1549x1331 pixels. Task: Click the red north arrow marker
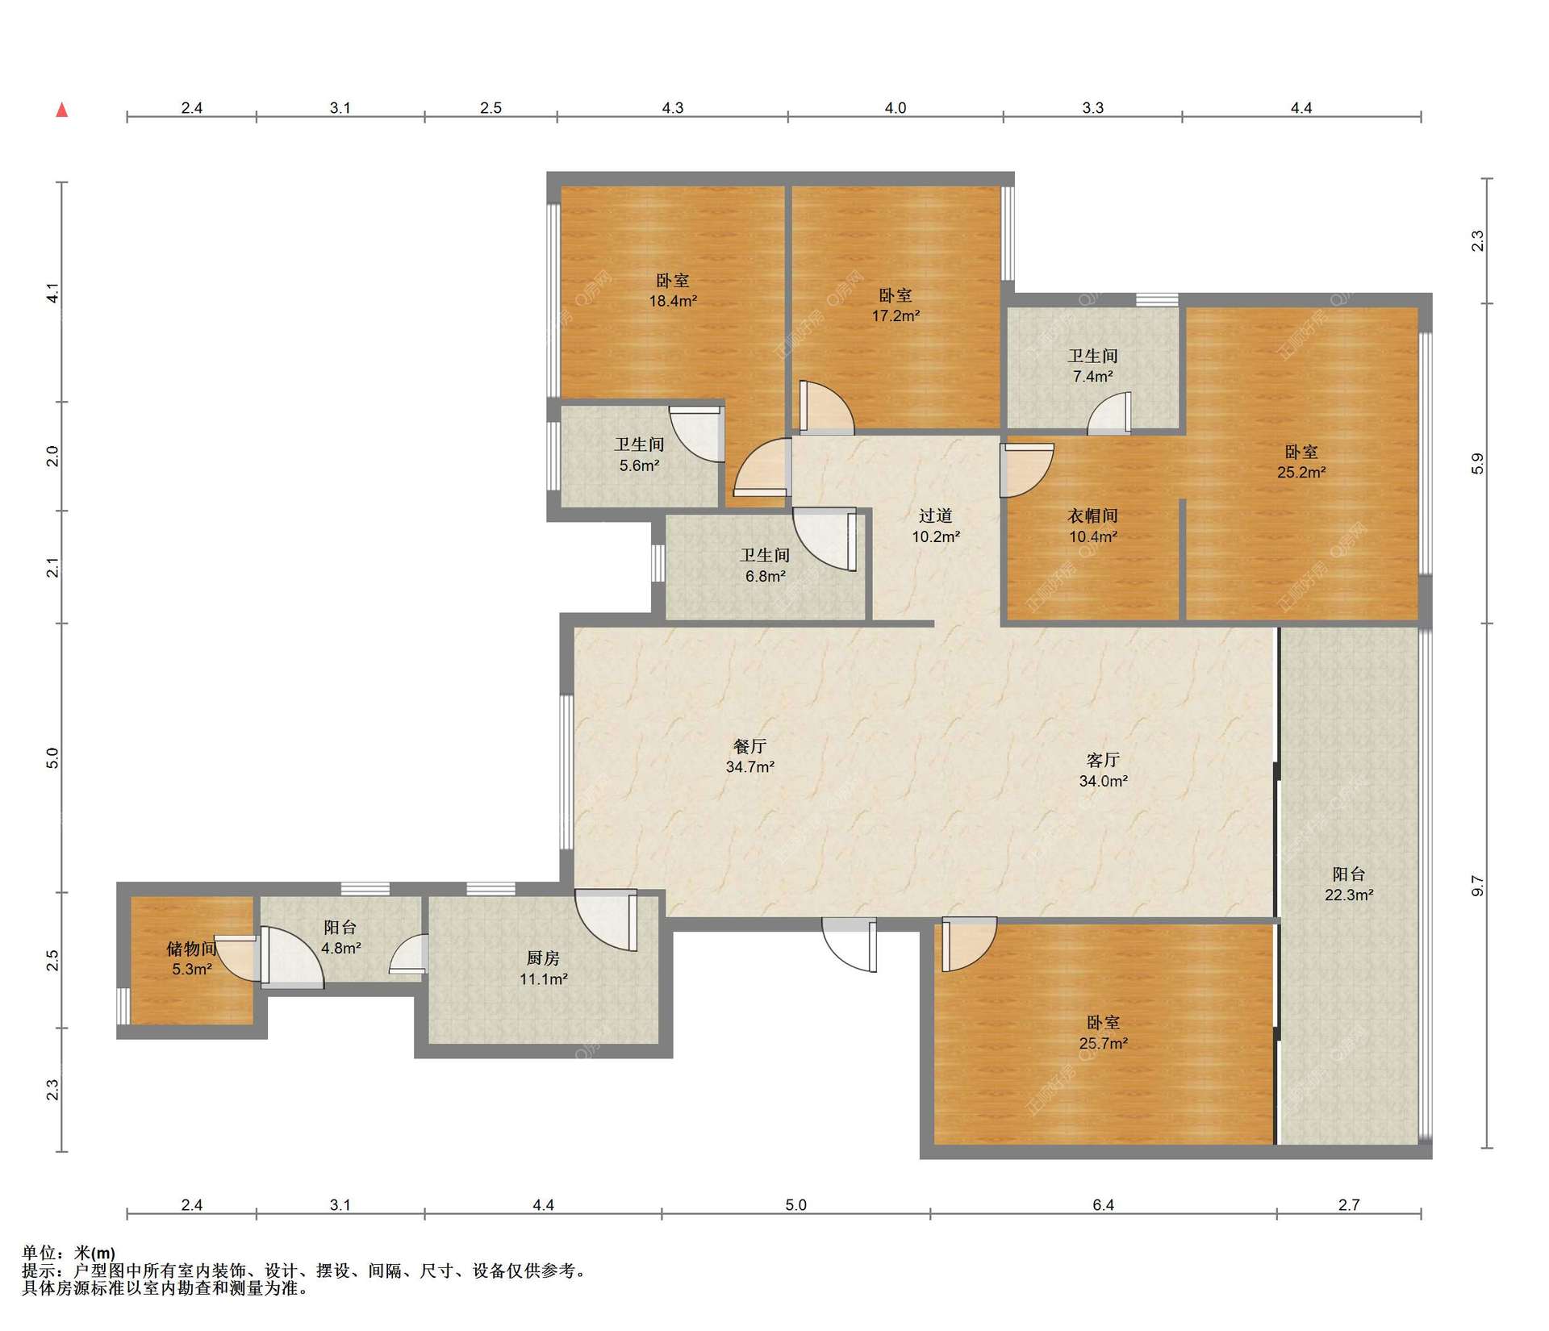[x=61, y=110]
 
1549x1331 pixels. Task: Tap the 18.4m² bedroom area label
[x=673, y=301]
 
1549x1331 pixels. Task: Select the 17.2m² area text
[x=896, y=315]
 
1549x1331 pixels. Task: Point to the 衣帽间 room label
[x=1093, y=515]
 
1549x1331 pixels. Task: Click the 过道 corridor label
[x=936, y=515]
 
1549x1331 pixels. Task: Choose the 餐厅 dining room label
[x=750, y=746]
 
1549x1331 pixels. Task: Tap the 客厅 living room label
[x=1103, y=760]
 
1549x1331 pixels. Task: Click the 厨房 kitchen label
[x=543, y=958]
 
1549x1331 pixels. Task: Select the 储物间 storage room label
[x=192, y=949]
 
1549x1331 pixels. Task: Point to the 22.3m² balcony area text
[x=1349, y=895]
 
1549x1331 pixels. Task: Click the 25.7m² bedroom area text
[x=1103, y=1043]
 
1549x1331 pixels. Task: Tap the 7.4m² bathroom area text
[x=1093, y=376]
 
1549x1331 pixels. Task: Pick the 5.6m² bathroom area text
[x=640, y=465]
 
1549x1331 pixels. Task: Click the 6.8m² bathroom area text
[x=766, y=576]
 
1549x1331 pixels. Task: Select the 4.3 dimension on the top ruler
[x=673, y=107]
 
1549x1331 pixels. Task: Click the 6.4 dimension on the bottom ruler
[x=1103, y=1204]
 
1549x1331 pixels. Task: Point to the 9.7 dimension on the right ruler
[x=1477, y=886]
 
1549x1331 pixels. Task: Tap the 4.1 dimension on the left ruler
[x=52, y=293]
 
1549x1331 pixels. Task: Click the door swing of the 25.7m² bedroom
[x=969, y=945]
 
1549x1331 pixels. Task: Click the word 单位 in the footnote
[x=39, y=1253]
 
